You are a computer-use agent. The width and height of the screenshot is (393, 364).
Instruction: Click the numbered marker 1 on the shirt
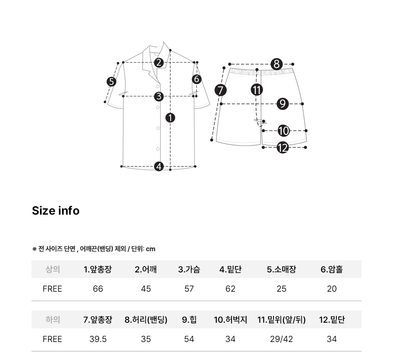point(170,118)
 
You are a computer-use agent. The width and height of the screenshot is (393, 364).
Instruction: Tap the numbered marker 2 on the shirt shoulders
point(159,63)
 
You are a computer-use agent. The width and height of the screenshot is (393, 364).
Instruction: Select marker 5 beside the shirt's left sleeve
point(112,82)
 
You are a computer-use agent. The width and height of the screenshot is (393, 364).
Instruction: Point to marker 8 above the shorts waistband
point(276,64)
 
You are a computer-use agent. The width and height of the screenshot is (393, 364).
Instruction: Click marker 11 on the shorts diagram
point(257,90)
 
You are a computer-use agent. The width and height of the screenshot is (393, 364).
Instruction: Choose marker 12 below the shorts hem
point(283,147)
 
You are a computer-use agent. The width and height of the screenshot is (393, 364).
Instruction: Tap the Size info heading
point(56,211)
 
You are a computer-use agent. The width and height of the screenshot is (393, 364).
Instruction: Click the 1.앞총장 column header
point(97,270)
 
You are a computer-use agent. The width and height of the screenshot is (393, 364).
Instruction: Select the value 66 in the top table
point(98,289)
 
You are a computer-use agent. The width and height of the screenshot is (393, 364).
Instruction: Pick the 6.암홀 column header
point(332,270)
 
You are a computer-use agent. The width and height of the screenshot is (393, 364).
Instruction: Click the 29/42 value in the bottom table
point(281,339)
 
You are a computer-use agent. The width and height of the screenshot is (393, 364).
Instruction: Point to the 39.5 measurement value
point(98,339)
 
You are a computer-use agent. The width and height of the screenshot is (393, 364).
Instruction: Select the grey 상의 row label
point(53,270)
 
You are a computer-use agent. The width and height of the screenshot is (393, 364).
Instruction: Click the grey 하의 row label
point(53,320)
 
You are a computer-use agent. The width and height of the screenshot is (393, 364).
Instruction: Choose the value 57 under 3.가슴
point(189,289)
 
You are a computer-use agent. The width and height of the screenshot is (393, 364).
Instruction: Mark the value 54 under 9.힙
point(189,339)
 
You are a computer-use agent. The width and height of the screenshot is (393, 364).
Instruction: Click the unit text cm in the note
point(151,249)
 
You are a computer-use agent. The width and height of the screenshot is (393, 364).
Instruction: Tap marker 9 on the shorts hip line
point(283,104)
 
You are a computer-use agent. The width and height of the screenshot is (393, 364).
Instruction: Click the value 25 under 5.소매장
point(281,289)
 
